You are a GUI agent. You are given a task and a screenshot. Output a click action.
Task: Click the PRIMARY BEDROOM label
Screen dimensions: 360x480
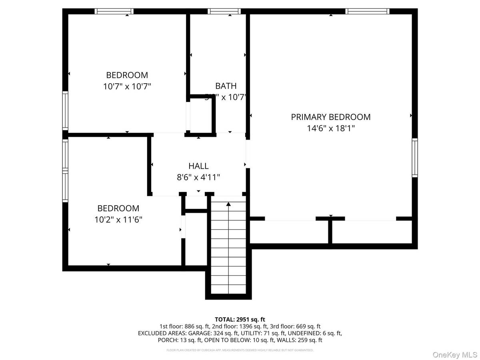click(330, 117)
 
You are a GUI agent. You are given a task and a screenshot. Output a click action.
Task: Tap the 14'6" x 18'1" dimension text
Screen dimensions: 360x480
click(330, 128)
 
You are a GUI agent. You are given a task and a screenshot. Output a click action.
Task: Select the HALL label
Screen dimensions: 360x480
click(198, 166)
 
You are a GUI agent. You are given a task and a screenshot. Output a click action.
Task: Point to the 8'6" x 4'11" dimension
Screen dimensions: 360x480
click(198, 177)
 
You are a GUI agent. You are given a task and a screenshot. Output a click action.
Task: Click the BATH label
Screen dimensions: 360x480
click(226, 86)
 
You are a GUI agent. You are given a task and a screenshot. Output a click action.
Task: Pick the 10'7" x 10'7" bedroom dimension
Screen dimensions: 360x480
click(127, 86)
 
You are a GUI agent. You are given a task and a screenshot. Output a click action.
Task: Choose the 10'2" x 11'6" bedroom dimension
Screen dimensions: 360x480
click(118, 220)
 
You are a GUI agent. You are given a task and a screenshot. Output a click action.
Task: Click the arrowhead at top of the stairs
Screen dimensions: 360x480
click(228, 204)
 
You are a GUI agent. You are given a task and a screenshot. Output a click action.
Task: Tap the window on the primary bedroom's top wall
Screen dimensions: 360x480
click(367, 11)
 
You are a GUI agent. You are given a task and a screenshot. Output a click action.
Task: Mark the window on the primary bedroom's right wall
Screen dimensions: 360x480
click(415, 158)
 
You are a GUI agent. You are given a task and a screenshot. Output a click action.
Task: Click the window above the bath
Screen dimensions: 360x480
click(224, 11)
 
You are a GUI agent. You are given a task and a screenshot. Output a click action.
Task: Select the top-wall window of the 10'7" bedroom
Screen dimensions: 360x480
click(114, 11)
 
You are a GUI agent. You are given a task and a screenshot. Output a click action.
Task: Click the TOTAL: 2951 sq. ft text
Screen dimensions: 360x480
click(240, 319)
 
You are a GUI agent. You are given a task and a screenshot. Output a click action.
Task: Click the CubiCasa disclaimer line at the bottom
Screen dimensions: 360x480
click(240, 350)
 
